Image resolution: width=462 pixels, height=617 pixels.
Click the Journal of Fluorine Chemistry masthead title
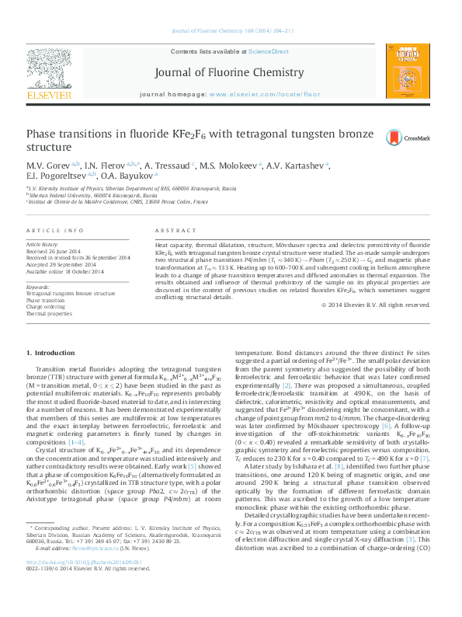230,73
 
